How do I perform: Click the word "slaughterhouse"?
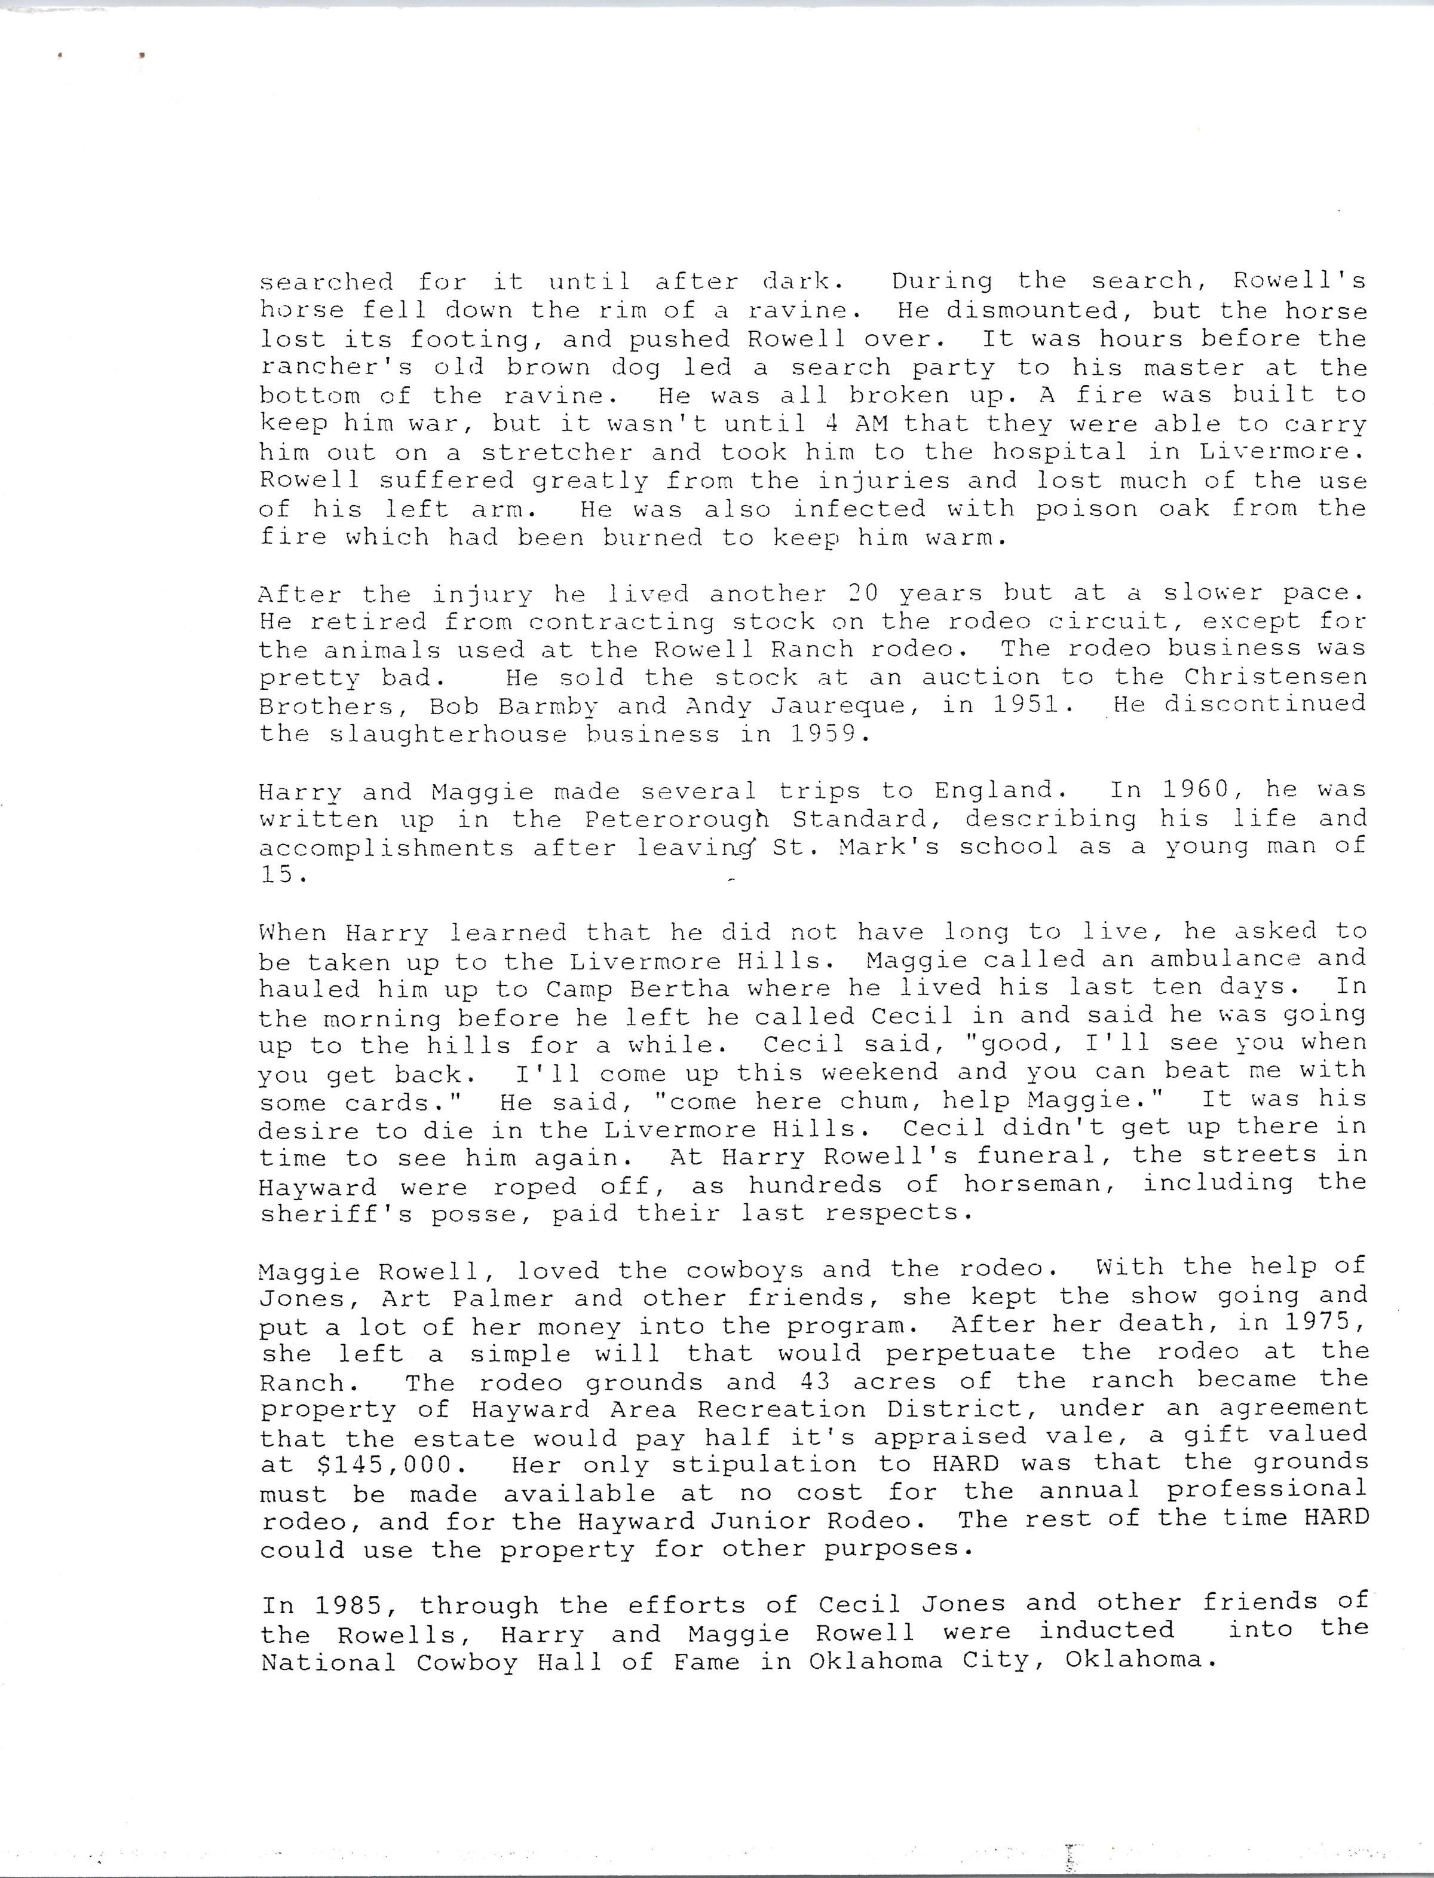[x=448, y=734]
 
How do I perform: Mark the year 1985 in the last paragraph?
[x=353, y=1605]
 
